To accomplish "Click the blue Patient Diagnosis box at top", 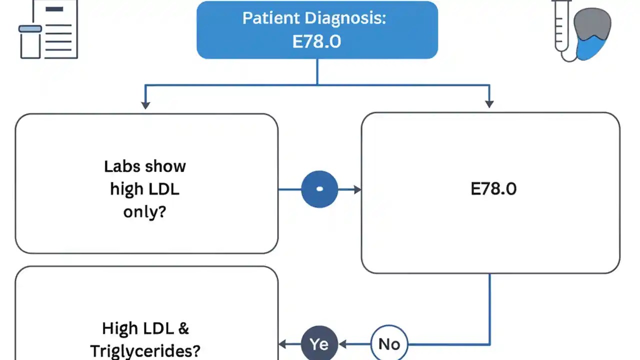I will (x=317, y=30).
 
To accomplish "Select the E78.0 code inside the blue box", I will (x=316, y=41).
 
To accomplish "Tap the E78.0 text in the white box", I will (x=493, y=189).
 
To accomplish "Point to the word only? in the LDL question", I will (x=144, y=211).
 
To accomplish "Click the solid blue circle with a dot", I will (x=319, y=189).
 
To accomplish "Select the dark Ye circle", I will (x=319, y=344).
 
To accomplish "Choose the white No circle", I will (x=389, y=344).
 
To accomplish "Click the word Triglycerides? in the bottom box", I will (x=151, y=350).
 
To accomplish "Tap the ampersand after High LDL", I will (x=183, y=328).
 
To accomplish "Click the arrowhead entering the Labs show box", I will (x=145, y=105).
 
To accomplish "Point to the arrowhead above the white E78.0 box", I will (x=489, y=104).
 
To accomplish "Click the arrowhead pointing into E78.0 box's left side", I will (x=357, y=189).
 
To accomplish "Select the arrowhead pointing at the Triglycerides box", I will (x=282, y=344).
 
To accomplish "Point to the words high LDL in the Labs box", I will (x=144, y=189).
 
